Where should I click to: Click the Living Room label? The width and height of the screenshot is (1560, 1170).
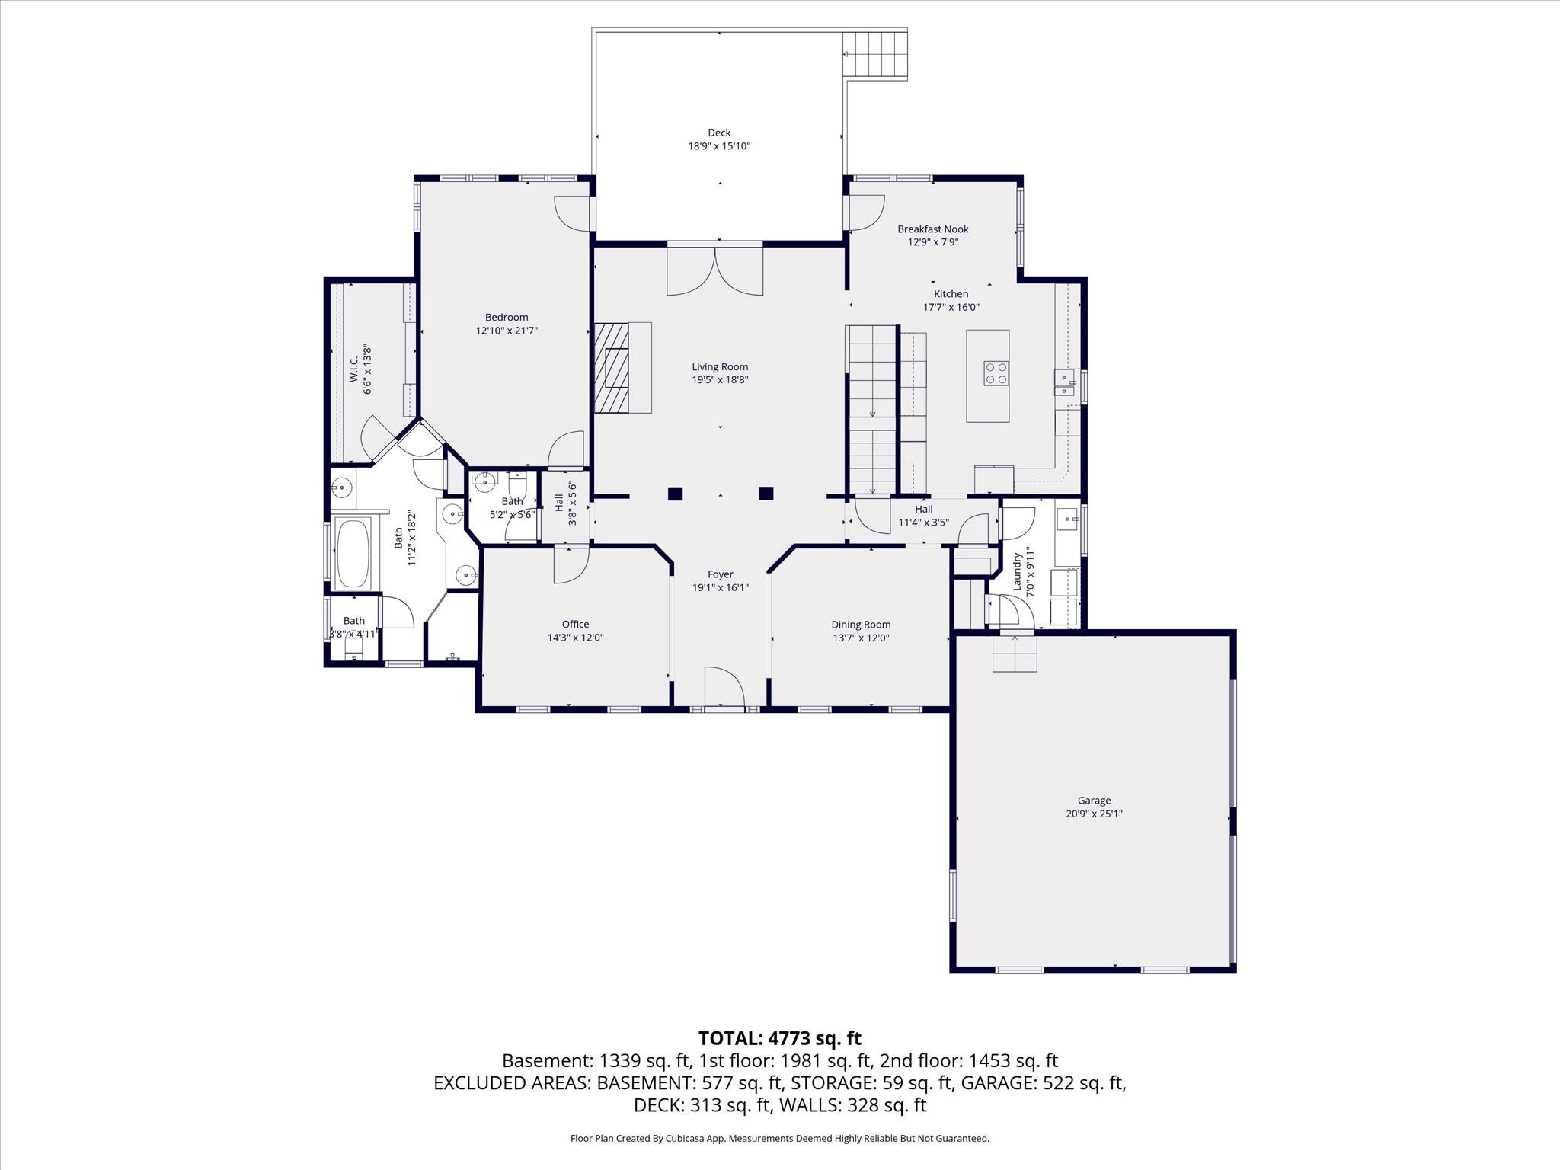[x=719, y=366]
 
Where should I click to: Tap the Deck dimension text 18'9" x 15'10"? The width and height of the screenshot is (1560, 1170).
[x=719, y=145]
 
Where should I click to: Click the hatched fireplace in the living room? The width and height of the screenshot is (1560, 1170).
[x=612, y=367]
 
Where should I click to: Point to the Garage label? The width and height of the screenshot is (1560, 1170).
[x=1094, y=800]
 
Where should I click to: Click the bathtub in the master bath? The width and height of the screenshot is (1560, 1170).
[x=353, y=554]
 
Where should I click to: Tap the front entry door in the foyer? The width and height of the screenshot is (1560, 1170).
[x=724, y=689]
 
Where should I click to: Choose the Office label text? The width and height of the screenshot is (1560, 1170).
[x=575, y=624]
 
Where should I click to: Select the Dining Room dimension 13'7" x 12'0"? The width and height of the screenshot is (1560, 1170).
[x=861, y=638]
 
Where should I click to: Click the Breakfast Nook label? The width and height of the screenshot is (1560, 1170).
[x=932, y=229]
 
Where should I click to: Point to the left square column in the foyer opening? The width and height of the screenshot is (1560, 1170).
[x=675, y=494]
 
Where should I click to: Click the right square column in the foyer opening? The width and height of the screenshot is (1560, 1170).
[x=766, y=494]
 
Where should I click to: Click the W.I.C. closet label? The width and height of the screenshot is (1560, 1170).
[x=354, y=370]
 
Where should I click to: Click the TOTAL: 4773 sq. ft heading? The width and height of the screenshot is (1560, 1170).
[x=779, y=1037]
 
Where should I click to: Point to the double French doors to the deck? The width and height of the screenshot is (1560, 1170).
[x=714, y=270]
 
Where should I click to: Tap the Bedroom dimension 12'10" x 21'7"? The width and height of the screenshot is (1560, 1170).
[x=507, y=331]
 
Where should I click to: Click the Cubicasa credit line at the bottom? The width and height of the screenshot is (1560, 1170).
[x=779, y=1138]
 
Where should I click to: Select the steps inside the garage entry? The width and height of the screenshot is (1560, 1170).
[x=1014, y=653]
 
